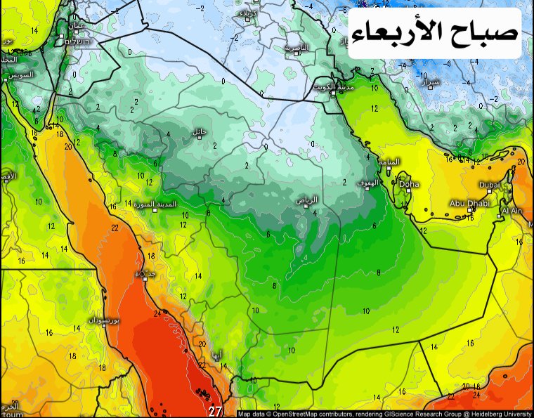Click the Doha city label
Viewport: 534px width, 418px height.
409,184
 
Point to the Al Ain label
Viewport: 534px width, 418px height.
511,210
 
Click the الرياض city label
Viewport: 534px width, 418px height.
307,200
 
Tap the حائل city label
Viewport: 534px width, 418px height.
200,131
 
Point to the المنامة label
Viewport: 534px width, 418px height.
389,161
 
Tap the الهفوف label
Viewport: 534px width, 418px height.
367,182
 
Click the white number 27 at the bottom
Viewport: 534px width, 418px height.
215,412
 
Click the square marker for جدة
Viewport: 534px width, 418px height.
145,279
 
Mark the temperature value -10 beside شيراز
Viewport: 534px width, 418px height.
422,74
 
